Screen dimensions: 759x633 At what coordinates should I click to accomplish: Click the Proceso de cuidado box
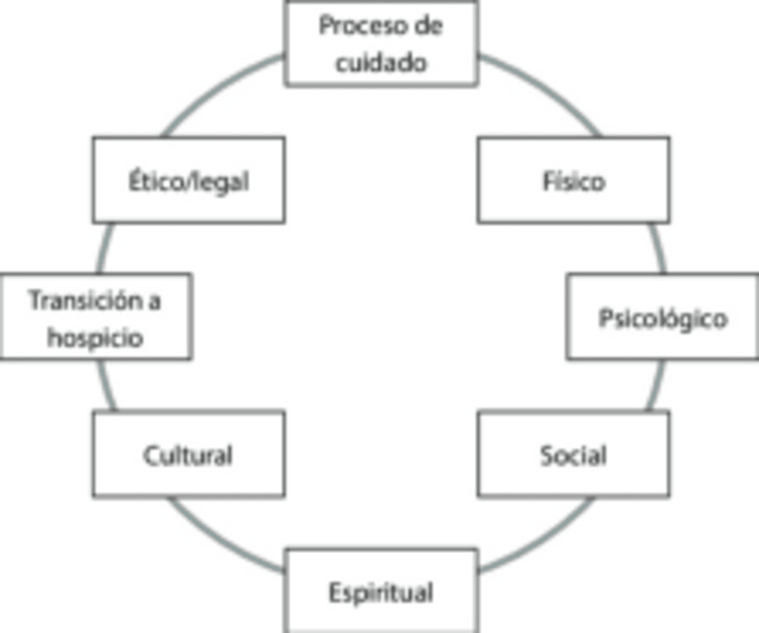point(381,43)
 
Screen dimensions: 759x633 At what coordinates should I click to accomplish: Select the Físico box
point(573,180)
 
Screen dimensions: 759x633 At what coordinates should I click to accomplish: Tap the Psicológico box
point(662,317)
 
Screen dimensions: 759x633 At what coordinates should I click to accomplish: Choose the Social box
point(573,454)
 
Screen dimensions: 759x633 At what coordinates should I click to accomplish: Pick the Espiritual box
point(381,591)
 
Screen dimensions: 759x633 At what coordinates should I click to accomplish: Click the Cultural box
point(189,454)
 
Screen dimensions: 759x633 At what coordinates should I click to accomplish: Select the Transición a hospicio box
point(96,317)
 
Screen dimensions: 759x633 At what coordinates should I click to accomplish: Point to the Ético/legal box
point(189,180)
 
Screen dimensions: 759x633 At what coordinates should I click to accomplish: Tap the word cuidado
point(381,63)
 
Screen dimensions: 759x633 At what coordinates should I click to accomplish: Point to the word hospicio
point(95,338)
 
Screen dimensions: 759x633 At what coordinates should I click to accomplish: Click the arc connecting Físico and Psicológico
point(660,248)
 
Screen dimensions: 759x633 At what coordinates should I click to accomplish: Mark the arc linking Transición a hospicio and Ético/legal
point(104,248)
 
